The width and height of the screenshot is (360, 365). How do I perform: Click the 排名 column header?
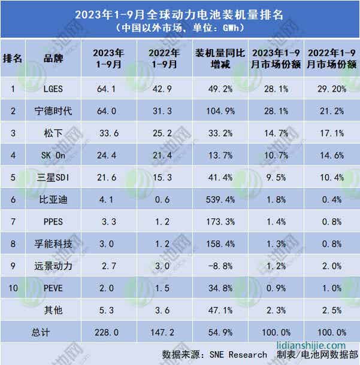13,57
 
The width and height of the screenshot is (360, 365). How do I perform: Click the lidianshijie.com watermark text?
311,345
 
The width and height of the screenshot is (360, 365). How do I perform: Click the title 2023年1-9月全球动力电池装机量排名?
180,13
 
